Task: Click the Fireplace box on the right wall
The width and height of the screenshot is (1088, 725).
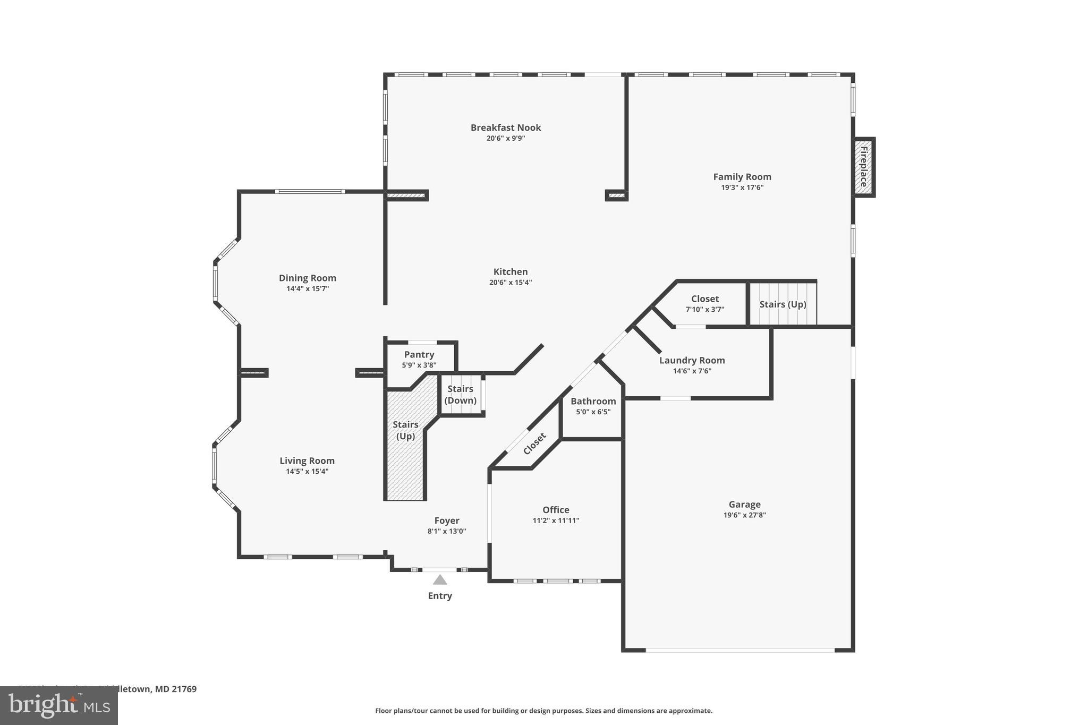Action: pos(863,167)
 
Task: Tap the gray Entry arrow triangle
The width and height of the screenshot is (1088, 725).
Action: pos(440,580)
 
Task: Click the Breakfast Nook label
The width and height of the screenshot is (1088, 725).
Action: pos(505,127)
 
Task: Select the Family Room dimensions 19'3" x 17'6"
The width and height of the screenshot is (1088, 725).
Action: pos(742,187)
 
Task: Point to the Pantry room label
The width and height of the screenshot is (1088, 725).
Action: pos(419,354)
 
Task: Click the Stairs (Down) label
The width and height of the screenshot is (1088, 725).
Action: pos(460,395)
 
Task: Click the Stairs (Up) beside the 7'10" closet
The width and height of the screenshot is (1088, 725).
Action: pos(783,304)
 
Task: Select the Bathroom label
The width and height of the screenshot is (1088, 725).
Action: pos(593,401)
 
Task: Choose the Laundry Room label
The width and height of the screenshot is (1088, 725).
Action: pos(692,360)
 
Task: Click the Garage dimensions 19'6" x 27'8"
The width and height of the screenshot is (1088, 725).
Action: pos(744,515)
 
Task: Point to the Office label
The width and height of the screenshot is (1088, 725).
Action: pos(556,510)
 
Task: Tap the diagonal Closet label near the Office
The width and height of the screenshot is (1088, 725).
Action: pos(534,443)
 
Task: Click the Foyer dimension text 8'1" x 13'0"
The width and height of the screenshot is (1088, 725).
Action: pos(446,531)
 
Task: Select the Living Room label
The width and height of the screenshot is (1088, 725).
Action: pos(307,460)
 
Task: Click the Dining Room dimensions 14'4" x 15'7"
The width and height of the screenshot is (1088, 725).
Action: pos(307,289)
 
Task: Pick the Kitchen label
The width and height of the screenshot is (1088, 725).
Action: pos(510,271)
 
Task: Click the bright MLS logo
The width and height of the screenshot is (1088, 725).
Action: pos(58,705)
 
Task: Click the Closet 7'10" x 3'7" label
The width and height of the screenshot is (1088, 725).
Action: pos(704,299)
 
